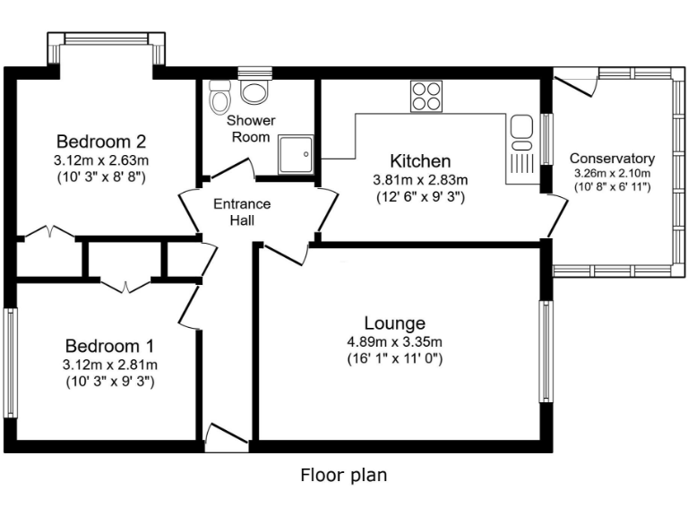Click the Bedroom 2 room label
pos(101,142)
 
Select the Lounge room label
pos(394,323)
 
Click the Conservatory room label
pos(612,159)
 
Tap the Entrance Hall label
pos(241,211)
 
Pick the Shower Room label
pos(251,128)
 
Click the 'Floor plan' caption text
pos(343,475)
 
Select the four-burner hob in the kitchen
pos(426,97)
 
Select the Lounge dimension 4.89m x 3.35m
pos(394,341)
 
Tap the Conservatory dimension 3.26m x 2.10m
pos(612,173)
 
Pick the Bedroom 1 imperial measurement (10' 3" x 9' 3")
pos(110,381)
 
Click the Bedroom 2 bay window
pos(107,39)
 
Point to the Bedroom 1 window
pos(12,363)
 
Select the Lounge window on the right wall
pos(544,351)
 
